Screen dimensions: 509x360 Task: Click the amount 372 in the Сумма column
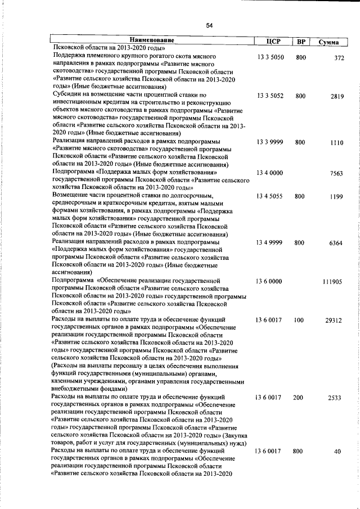point(339,58)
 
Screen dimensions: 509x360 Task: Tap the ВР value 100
point(298,320)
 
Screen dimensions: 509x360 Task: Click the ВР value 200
point(298,397)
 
